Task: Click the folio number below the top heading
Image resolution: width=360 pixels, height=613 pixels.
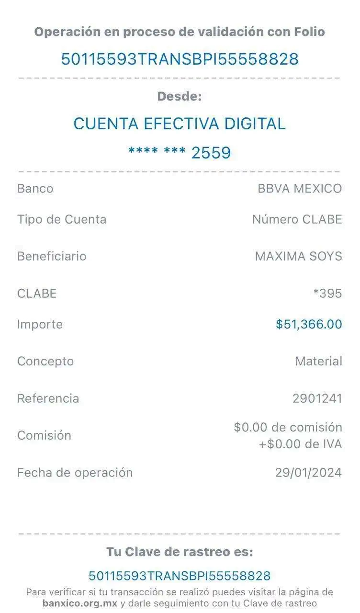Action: click(x=180, y=59)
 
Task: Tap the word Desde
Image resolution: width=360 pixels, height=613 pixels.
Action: click(x=180, y=96)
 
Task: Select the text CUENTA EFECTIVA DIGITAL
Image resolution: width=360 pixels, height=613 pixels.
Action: click(x=180, y=124)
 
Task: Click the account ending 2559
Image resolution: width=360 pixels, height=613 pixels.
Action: click(x=180, y=153)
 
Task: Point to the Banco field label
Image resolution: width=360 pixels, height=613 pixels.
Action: click(x=35, y=189)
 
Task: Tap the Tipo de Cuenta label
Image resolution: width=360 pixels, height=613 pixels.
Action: click(x=62, y=220)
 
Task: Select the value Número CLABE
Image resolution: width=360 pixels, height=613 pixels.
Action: click(x=297, y=220)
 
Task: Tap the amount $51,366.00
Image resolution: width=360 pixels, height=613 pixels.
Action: click(x=309, y=324)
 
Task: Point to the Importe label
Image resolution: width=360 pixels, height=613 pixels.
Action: click(x=40, y=324)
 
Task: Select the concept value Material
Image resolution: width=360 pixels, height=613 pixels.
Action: click(x=319, y=361)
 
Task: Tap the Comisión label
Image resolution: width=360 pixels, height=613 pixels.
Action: click(x=44, y=435)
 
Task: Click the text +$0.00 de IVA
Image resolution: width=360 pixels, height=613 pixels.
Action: click(x=301, y=444)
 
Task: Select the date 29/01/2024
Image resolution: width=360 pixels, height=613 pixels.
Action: click(x=309, y=473)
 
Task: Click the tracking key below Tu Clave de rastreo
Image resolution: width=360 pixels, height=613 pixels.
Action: click(x=180, y=575)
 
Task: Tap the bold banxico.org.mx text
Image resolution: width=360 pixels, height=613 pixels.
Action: click(x=79, y=603)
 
